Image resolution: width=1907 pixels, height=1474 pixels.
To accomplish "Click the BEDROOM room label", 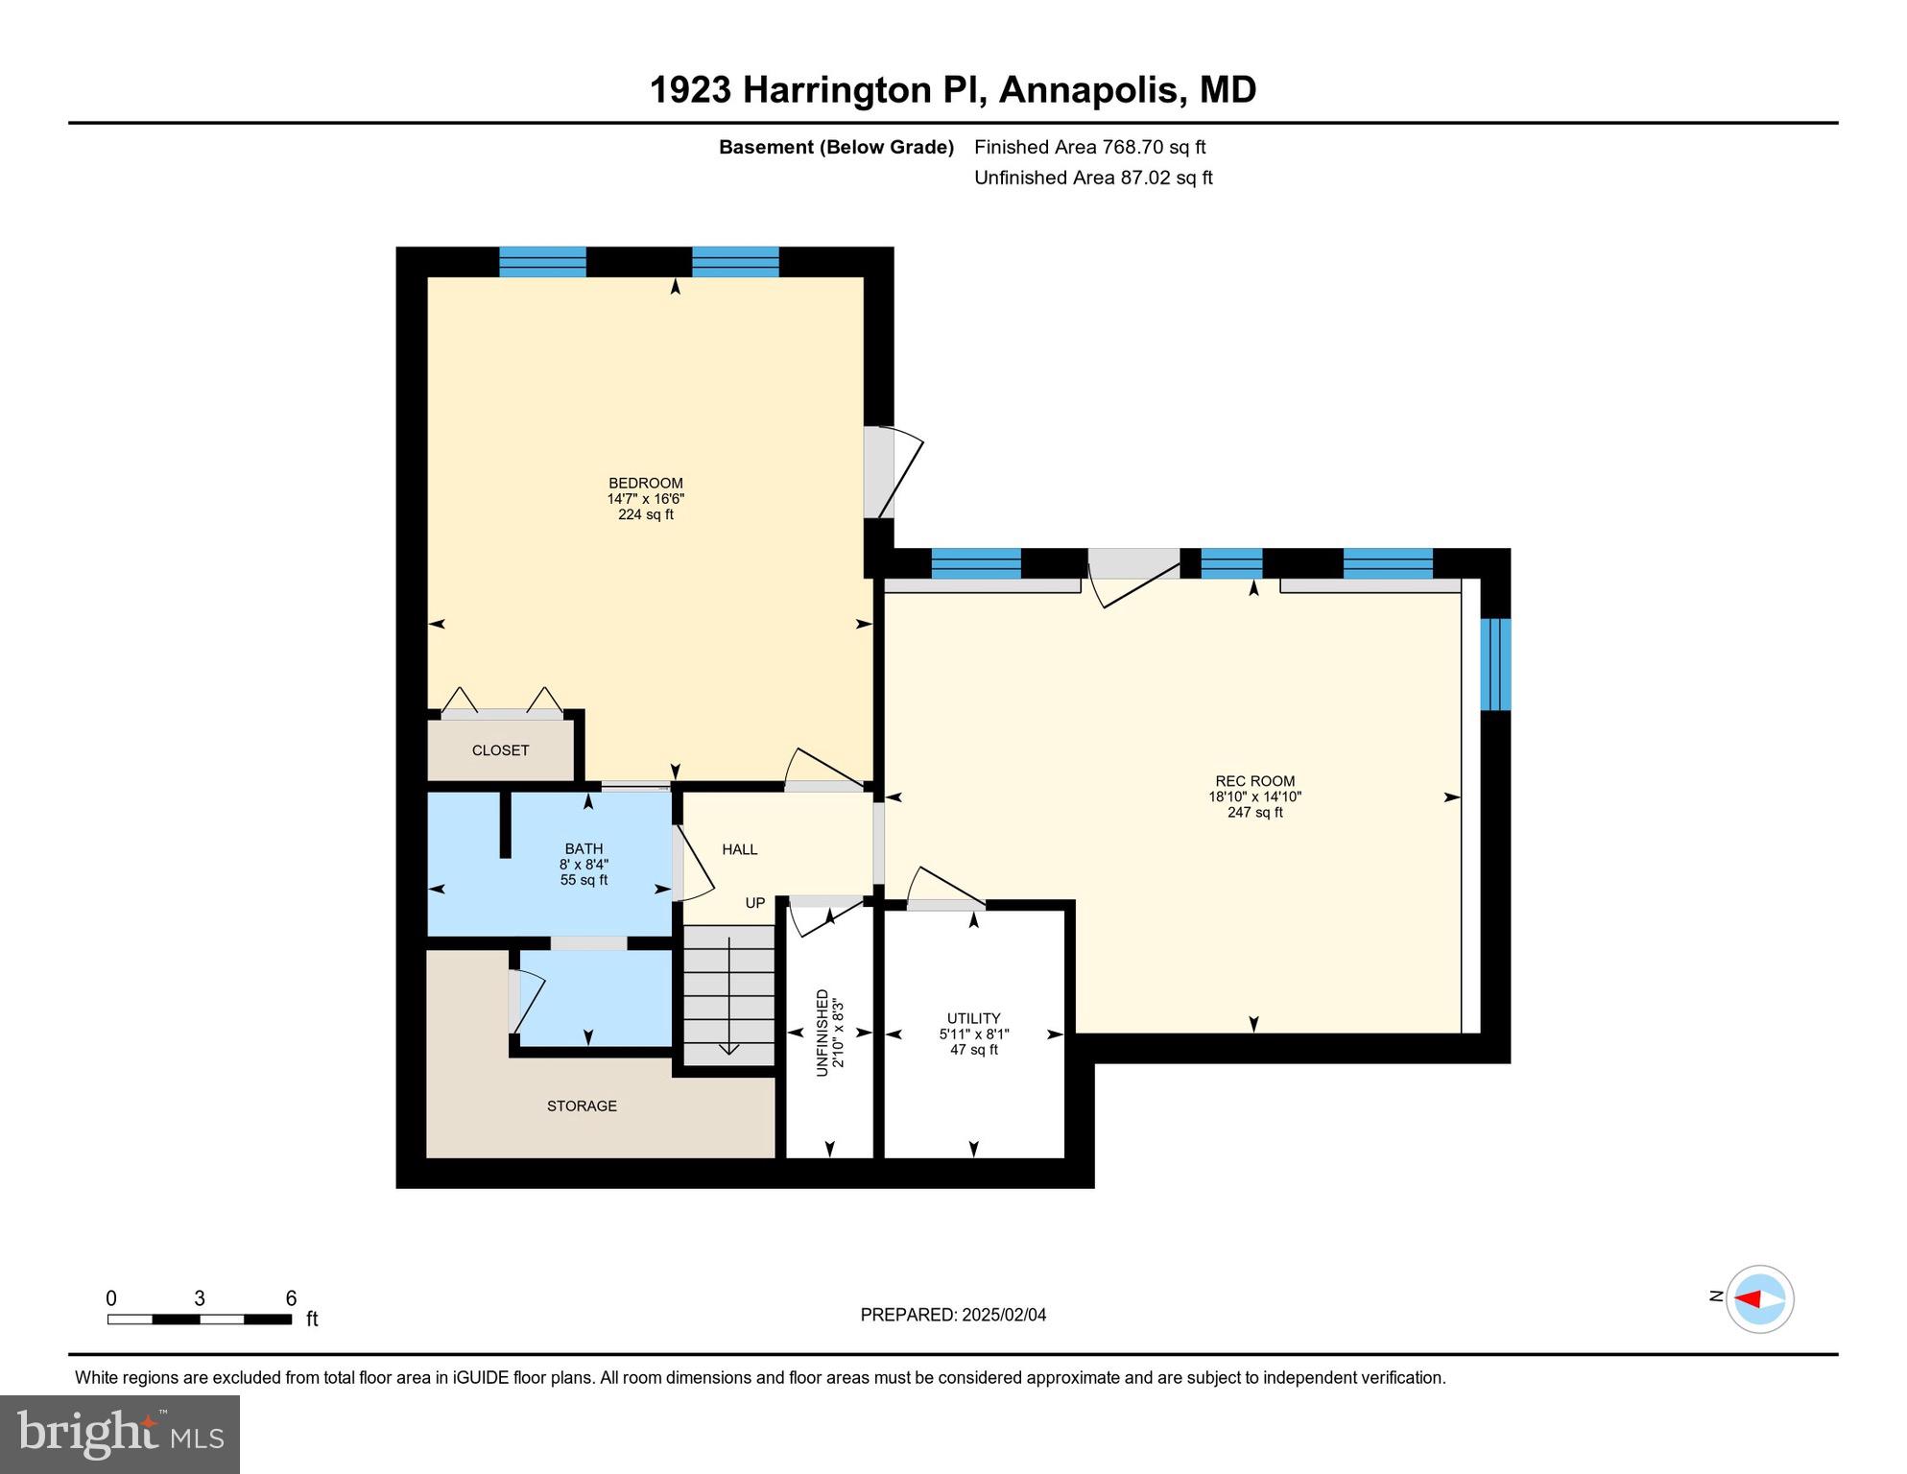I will pos(645,484).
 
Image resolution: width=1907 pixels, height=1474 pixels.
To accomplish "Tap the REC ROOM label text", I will pos(1254,781).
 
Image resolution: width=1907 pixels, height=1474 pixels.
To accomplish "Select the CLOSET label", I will pos(500,750).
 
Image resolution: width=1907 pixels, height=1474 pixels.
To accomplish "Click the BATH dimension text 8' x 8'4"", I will pos(584,865).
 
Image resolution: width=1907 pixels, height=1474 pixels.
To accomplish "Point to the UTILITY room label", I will pos(973,1018).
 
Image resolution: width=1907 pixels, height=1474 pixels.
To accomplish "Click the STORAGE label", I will pos(582,1106).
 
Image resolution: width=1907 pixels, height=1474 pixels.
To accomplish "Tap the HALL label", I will pos(739,849).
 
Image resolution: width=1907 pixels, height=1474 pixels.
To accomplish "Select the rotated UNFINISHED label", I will pos(822,1033).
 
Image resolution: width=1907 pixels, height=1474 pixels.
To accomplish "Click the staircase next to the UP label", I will pos(728,994).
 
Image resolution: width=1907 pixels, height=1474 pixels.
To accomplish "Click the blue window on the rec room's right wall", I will pos(1494,664).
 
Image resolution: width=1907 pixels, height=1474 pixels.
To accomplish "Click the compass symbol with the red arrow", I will pos(1759,1299).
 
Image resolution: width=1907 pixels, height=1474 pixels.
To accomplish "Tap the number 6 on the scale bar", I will pos(291,1298).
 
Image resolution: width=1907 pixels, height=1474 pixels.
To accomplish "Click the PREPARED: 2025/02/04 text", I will pos(953,1315).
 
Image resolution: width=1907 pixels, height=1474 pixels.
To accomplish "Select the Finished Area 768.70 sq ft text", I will pos(1089,147).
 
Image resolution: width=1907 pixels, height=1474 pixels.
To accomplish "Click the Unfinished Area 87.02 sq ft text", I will pos(1093,178).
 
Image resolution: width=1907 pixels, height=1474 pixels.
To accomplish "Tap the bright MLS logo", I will pos(120,1434).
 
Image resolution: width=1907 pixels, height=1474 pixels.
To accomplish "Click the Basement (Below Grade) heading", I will pos(836,147).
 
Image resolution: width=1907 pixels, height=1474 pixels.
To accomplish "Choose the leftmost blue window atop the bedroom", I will pos(542,262).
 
